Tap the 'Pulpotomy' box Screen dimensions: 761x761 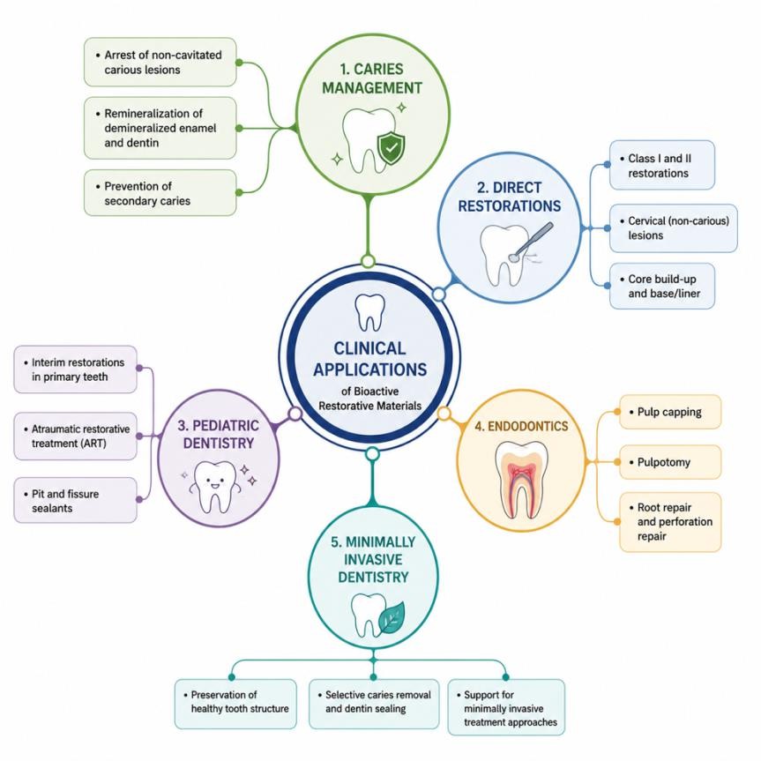coord(670,462)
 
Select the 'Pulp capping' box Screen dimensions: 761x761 coord(670,412)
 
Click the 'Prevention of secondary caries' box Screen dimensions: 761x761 coord(160,193)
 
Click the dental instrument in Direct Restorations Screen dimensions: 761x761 coord(531,242)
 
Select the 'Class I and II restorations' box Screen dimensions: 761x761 coord(662,165)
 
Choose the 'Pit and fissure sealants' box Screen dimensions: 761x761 coord(75,500)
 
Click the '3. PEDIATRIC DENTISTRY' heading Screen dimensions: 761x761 coord(219,435)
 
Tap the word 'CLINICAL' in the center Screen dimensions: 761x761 coord(369,348)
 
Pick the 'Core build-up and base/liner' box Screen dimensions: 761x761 coord(662,287)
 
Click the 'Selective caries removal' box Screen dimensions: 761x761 coord(374,705)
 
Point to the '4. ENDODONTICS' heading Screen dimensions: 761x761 coord(521,426)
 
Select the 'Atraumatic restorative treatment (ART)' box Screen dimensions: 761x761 coord(75,436)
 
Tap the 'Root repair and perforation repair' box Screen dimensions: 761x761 coord(670,522)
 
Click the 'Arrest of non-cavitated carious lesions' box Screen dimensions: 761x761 coord(160,62)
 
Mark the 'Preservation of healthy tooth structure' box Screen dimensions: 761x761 coord(235,705)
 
